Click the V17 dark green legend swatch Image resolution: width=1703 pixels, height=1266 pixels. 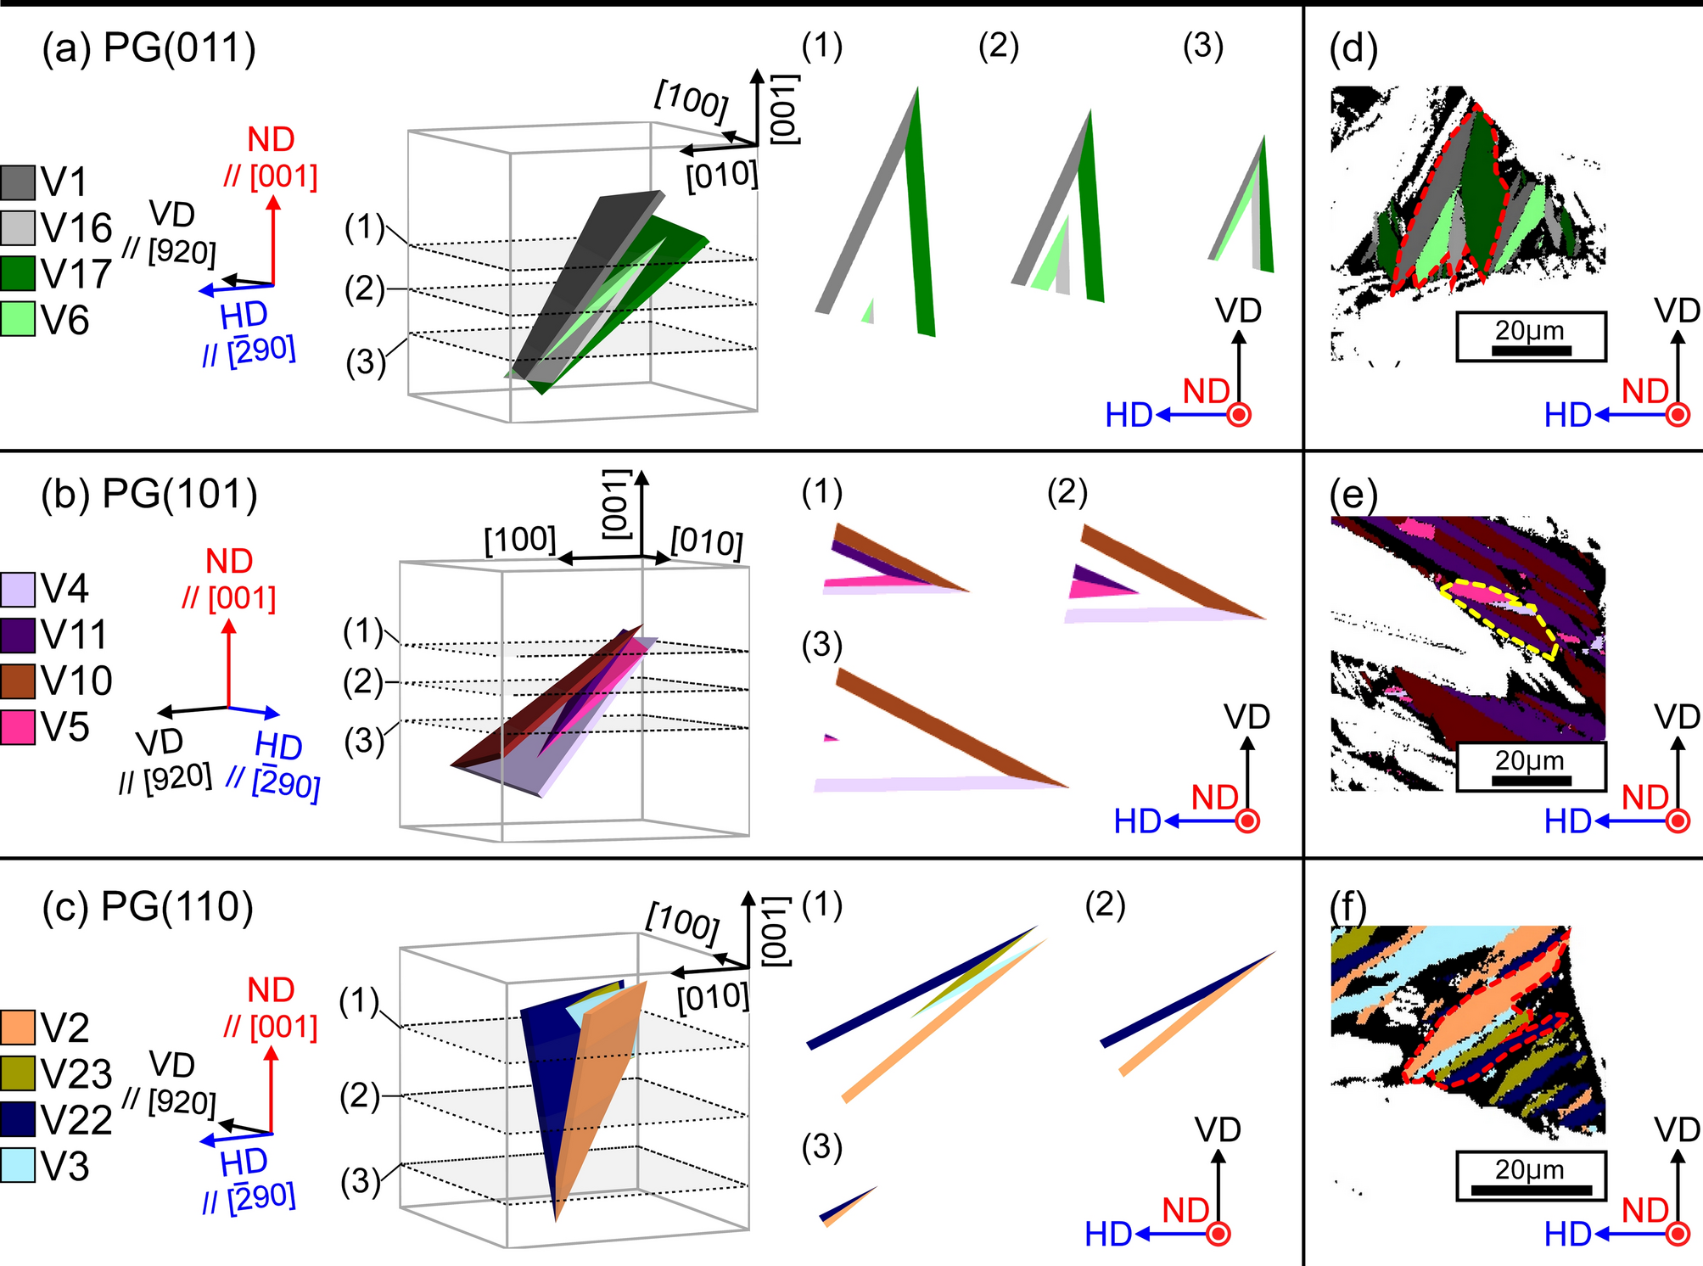18,273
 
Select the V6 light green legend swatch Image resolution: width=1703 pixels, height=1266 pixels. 18,319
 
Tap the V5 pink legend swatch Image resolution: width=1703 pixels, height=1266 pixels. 18,727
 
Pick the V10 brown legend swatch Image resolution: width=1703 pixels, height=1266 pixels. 18,681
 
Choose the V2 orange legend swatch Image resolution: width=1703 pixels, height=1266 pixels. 18,1028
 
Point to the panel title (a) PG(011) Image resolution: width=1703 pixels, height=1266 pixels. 148,48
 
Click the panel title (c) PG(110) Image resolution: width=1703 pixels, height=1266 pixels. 148,907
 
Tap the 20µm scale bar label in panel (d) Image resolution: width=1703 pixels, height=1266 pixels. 1530,331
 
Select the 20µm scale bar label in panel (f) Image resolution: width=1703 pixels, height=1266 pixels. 1530,1169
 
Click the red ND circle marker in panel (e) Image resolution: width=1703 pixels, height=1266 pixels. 1678,821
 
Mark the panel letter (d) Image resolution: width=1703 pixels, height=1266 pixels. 1353,49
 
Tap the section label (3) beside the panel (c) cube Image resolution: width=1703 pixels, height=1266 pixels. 360,1181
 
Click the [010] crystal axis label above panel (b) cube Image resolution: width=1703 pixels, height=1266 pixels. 706,541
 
